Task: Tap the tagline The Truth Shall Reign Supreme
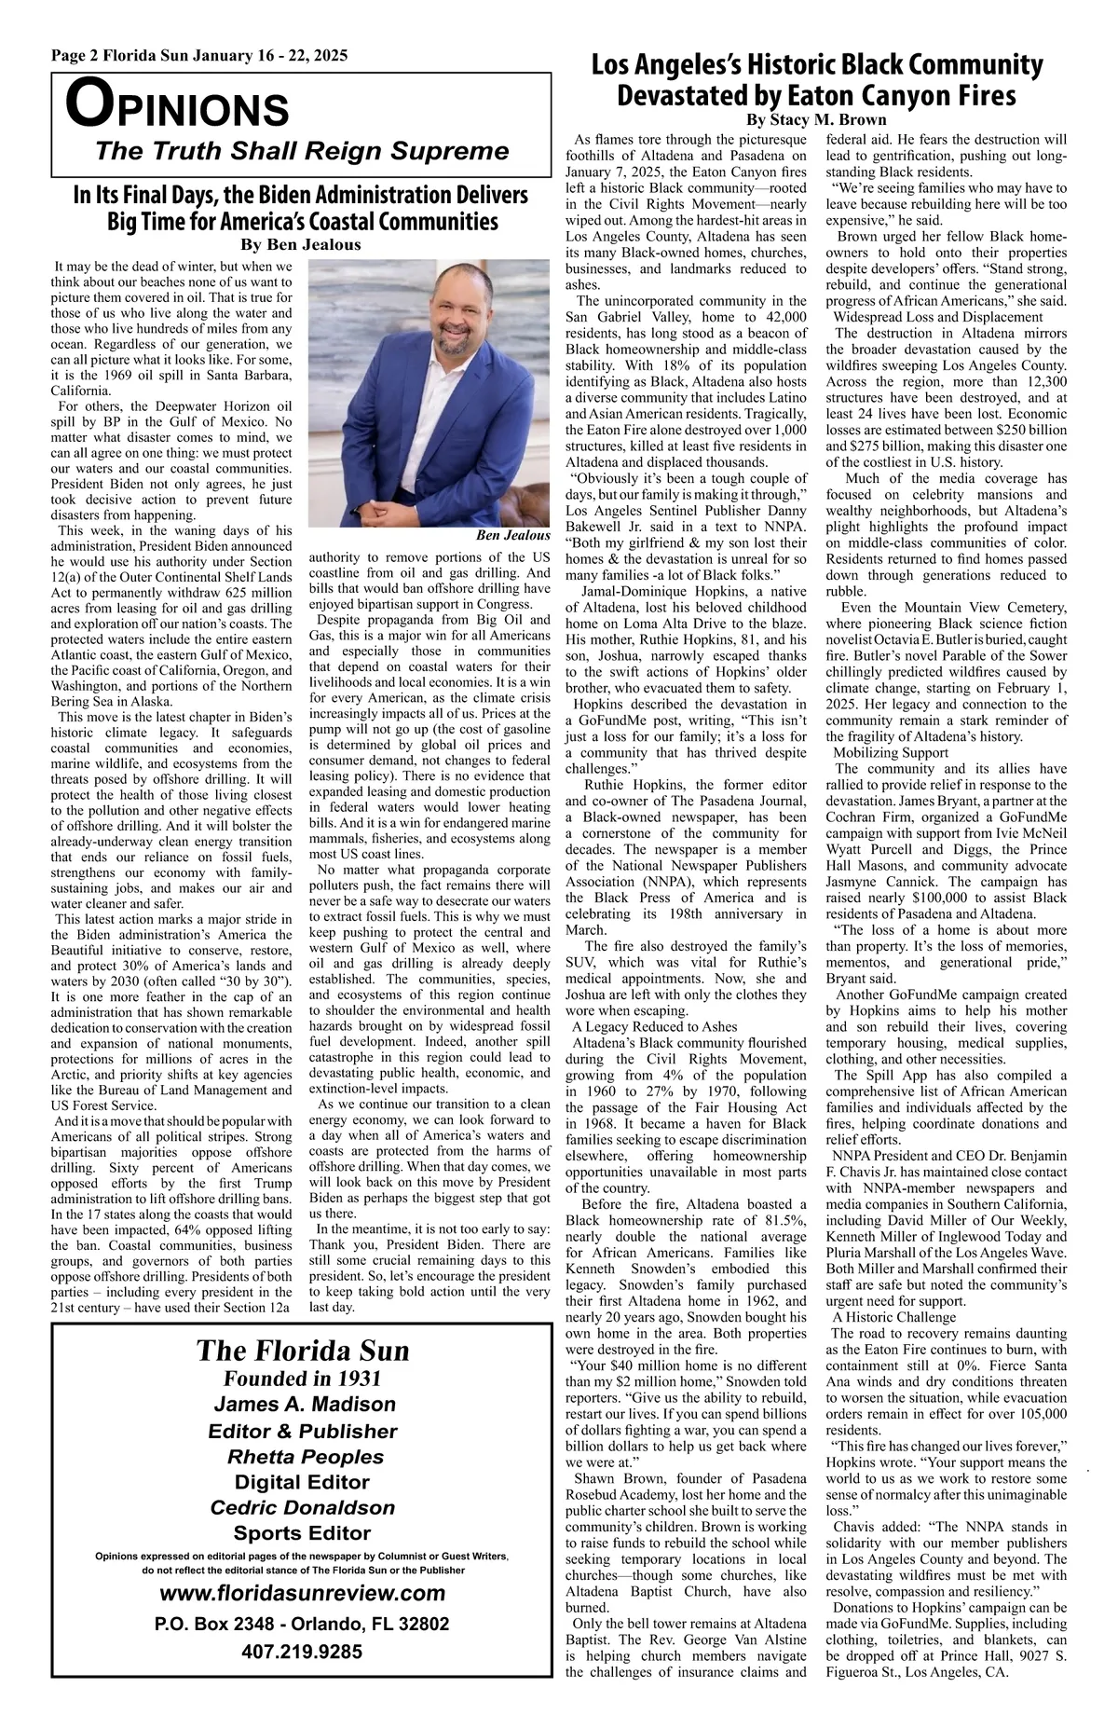303,151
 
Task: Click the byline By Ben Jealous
300,245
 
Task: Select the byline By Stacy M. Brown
817,120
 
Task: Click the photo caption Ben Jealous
512,535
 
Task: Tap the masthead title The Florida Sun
303,1352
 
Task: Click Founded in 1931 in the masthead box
303,1379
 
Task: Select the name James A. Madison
304,1405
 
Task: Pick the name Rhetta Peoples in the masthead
305,1457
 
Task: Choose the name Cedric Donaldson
303,1508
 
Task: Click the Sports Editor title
302,1533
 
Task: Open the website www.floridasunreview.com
303,1593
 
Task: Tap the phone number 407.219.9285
302,1652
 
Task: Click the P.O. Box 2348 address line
302,1624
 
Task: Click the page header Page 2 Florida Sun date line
199,56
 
